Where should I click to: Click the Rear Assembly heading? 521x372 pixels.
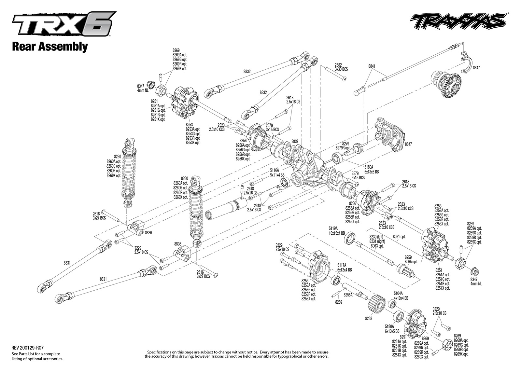coord(49,47)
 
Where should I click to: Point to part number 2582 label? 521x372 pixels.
coord(338,65)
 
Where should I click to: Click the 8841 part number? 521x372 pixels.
coord(372,66)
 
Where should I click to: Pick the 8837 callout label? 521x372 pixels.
coord(295,141)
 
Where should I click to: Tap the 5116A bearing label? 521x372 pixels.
coord(275,170)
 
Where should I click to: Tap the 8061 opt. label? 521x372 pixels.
coord(399,237)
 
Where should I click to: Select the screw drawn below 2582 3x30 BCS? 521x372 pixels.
coord(339,76)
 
